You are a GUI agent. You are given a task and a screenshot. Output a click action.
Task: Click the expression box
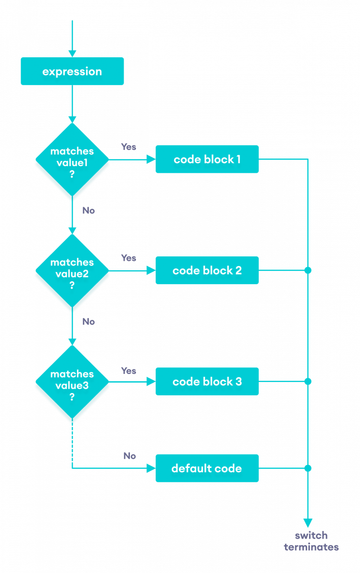click(72, 72)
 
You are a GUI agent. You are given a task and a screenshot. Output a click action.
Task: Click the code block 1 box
click(207, 159)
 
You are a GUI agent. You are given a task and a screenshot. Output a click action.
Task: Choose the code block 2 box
click(207, 270)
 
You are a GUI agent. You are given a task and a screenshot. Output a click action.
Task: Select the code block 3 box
click(207, 382)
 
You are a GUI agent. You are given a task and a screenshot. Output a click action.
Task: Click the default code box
click(207, 468)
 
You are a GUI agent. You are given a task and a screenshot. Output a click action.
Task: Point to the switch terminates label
click(311, 541)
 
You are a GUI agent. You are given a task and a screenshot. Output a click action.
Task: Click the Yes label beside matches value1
click(128, 147)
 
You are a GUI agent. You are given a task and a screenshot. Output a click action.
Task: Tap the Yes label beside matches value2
click(128, 258)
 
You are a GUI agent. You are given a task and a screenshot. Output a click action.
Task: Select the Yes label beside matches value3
click(128, 371)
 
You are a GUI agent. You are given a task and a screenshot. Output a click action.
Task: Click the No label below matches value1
click(88, 210)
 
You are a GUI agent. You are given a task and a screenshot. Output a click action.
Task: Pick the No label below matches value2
click(88, 321)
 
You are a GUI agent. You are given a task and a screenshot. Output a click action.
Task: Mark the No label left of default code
click(129, 456)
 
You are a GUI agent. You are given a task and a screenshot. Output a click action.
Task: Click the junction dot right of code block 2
click(308, 270)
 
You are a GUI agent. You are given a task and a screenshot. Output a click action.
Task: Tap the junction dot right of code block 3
click(308, 382)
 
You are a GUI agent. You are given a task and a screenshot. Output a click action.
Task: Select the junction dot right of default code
click(308, 468)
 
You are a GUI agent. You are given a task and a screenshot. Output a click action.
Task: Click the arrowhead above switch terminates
click(308, 522)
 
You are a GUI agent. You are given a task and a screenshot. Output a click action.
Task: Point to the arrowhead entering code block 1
click(151, 159)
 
